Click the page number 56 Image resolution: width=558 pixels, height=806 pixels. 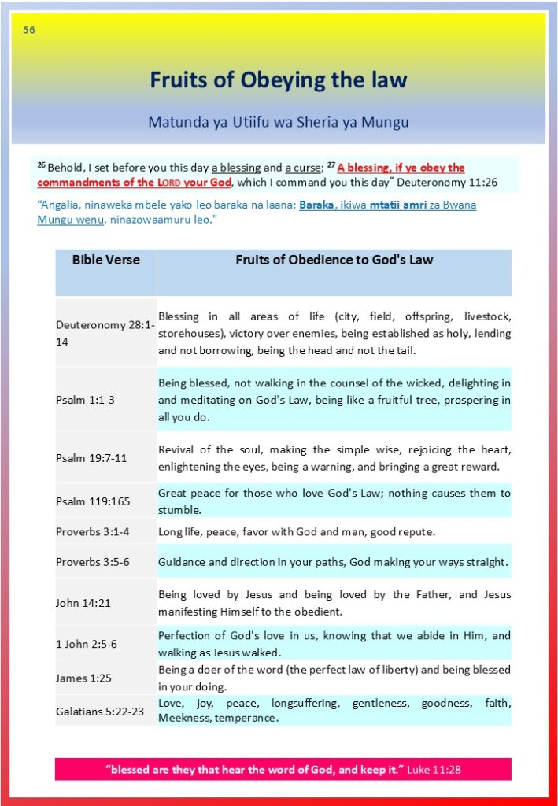pos(29,31)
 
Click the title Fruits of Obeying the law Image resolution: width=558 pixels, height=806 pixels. pos(279,79)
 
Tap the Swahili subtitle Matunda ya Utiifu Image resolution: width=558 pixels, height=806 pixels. pos(279,123)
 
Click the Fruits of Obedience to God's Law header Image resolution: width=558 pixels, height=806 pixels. pos(334,260)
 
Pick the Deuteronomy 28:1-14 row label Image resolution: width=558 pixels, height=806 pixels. pos(105,334)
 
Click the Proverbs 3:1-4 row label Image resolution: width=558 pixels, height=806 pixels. pos(92,531)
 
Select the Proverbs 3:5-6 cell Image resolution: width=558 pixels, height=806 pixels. pos(92,562)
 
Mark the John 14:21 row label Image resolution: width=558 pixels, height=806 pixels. pos(83,603)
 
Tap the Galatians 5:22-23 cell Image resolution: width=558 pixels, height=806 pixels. pos(99,712)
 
